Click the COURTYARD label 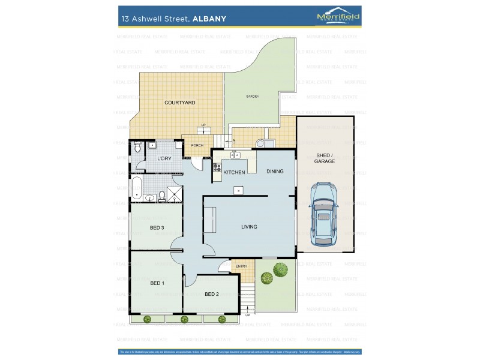[180, 103]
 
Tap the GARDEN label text [252, 97]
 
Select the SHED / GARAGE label [325, 158]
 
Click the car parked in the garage [324, 214]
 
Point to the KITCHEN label [235, 172]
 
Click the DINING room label [275, 172]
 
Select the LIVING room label [249, 227]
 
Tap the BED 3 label [157, 227]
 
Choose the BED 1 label [157, 283]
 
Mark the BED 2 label [212, 293]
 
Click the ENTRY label [241, 266]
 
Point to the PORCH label [197, 145]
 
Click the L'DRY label [164, 158]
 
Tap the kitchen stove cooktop [216, 169]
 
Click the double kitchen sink [234, 155]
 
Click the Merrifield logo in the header [338, 17]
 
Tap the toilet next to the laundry [137, 146]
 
